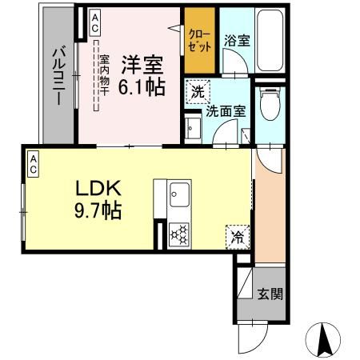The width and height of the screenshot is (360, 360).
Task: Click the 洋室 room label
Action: coord(142,62)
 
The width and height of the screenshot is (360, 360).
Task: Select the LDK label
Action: coord(98,189)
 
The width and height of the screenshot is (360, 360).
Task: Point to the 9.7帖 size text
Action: coord(98,211)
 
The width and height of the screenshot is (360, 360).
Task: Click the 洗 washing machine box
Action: coord(197,91)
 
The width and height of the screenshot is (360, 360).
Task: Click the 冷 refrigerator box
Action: coord(237,236)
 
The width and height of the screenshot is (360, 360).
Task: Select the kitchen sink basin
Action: coord(179,194)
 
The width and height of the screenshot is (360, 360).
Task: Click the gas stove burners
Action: coord(179,234)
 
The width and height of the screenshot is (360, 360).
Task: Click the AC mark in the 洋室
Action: coord(95,18)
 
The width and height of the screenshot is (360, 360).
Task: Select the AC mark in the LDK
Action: coord(34,164)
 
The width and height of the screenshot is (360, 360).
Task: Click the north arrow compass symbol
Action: coord(324,339)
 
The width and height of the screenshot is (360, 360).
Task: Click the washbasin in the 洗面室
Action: coord(191,129)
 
